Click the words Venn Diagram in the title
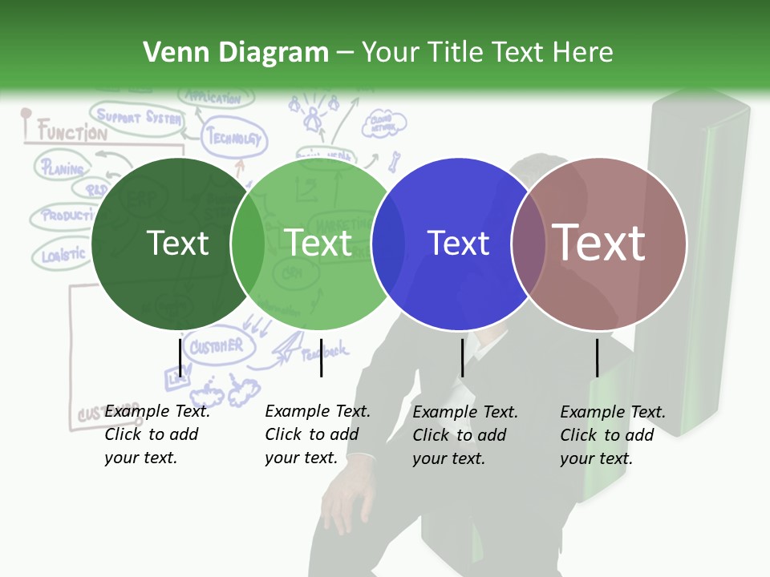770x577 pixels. pyautogui.click(x=236, y=53)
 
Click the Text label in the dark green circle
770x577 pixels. pyautogui.click(x=178, y=243)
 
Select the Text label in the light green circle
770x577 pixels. pyautogui.click(x=318, y=243)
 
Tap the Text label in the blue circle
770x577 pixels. pyautogui.click(x=458, y=243)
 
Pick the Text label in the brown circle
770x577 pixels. pyautogui.click(x=599, y=242)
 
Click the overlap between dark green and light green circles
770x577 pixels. pyautogui.click(x=248, y=244)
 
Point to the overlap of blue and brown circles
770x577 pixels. pyautogui.click(x=528, y=244)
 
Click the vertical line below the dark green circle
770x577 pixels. pyautogui.click(x=180, y=357)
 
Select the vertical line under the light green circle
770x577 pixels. pyautogui.click(x=321, y=357)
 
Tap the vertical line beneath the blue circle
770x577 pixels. pyautogui.click(x=462, y=357)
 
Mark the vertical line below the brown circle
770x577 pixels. pyautogui.click(x=597, y=357)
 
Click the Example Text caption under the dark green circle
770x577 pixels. pyautogui.click(x=157, y=434)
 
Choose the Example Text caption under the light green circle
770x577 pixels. pyautogui.click(x=318, y=434)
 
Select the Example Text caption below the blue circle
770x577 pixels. pyautogui.click(x=465, y=435)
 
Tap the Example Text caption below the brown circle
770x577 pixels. pyautogui.click(x=613, y=435)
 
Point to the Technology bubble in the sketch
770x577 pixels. pyautogui.click(x=234, y=139)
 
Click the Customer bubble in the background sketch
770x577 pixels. pyautogui.click(x=216, y=347)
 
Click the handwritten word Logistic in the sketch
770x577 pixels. pyautogui.click(x=63, y=255)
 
